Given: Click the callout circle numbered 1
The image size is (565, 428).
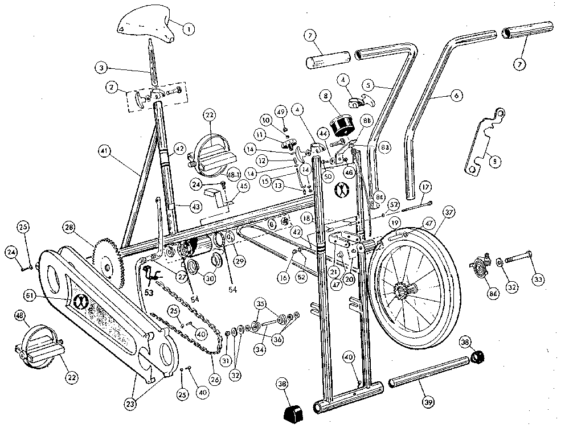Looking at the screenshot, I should [x=189, y=27].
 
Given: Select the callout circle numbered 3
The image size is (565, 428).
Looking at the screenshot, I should [x=102, y=69].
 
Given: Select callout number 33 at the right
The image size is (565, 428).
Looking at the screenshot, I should [x=538, y=279].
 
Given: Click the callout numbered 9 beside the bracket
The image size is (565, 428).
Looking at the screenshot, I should [x=495, y=162].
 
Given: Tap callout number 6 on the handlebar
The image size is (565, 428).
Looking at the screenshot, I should [x=456, y=97].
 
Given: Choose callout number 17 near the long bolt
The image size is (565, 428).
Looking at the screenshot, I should [x=424, y=186].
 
